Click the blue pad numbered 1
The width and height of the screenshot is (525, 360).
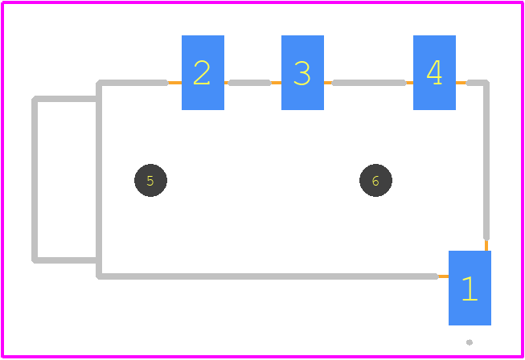[x=470, y=288]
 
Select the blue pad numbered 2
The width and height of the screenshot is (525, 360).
[x=203, y=72]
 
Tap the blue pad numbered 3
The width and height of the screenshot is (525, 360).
[x=302, y=72]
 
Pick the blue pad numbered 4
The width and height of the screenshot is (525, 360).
[x=434, y=72]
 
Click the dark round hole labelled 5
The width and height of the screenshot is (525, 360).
[x=150, y=180]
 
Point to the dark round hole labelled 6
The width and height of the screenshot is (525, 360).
[x=375, y=180]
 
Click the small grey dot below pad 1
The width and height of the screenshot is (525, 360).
[x=470, y=342]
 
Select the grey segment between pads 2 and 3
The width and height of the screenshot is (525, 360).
[x=249, y=83]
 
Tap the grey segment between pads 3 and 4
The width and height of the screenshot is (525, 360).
[x=369, y=83]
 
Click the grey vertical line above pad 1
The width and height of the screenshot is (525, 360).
[x=486, y=161]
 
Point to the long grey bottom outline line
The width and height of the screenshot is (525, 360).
[x=267, y=276]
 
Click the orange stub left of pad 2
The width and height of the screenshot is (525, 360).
[x=174, y=83]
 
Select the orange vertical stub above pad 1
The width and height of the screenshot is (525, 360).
[x=486, y=246]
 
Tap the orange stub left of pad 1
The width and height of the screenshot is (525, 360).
[x=443, y=276]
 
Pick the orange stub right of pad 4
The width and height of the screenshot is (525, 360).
[x=461, y=83]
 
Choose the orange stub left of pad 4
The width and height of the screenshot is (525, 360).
[x=409, y=83]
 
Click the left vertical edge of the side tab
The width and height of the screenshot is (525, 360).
[x=35, y=180]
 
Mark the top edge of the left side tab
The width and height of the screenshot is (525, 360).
[x=65, y=99]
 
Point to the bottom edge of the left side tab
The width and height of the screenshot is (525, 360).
[x=65, y=260]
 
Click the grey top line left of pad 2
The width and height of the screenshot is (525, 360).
[x=133, y=83]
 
